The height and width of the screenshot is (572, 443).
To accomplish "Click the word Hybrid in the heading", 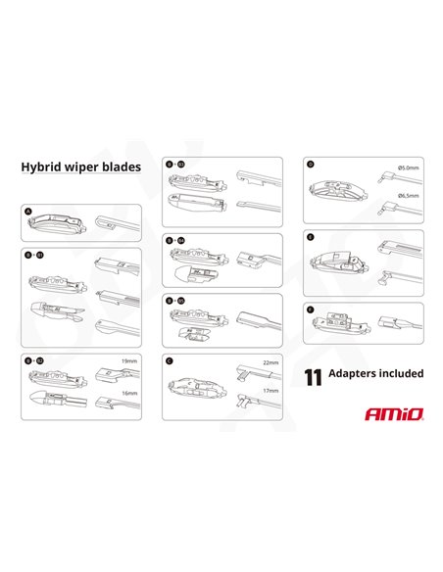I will coord(42,167).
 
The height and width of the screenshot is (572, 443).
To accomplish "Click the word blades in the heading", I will coord(123,167).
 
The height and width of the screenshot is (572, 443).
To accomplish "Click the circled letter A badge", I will coord(27,211).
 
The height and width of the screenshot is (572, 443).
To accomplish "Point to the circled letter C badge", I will coord(170,359).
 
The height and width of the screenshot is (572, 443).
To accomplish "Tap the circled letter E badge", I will coord(310,236).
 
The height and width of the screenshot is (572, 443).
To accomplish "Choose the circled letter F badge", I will coord(310,309).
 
